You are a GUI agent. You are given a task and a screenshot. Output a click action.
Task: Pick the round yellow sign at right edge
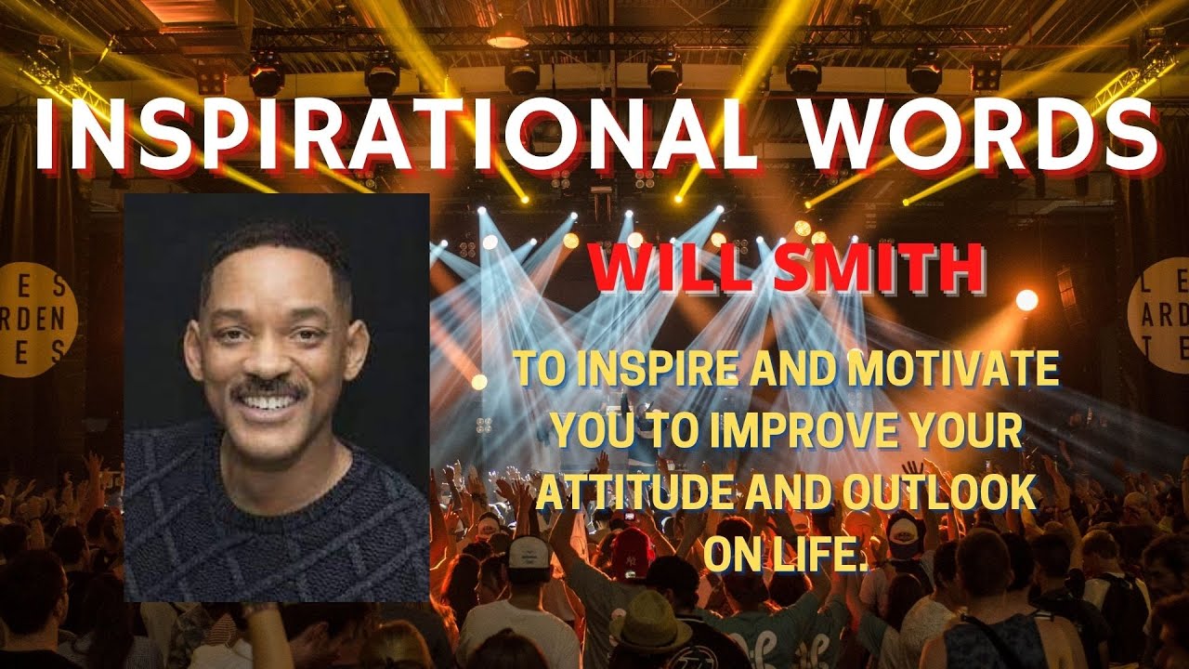click(x=1161, y=315)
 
